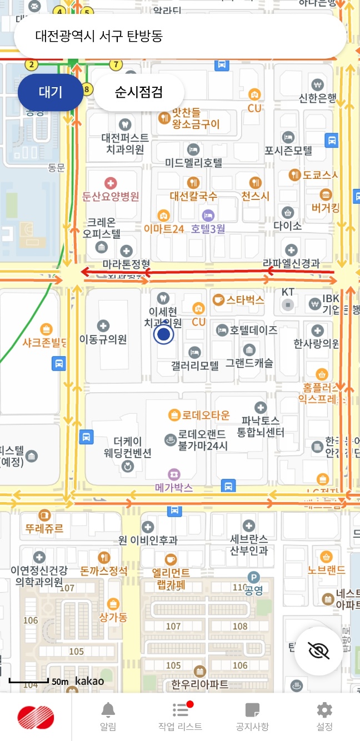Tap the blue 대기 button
click(x=51, y=92)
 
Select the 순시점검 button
click(x=139, y=92)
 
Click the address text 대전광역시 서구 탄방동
click(x=99, y=36)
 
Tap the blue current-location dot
click(x=163, y=334)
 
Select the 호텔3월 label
click(x=208, y=228)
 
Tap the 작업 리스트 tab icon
click(x=180, y=710)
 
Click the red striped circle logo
click(x=36, y=717)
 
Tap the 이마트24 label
click(x=163, y=228)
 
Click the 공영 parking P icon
click(x=253, y=578)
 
